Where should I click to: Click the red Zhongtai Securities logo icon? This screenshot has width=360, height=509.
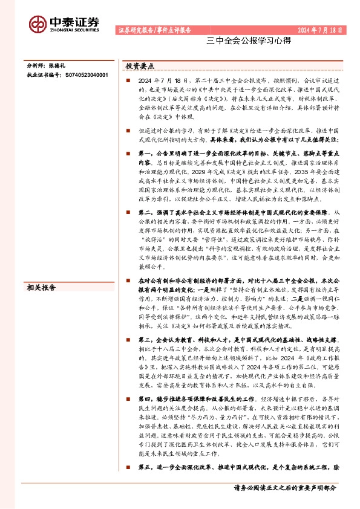tap(38, 23)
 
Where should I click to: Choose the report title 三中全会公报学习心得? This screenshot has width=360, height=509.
tap(240, 42)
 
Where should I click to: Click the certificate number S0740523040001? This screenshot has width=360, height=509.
tap(86, 74)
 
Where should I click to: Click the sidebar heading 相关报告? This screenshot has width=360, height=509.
tap(41, 287)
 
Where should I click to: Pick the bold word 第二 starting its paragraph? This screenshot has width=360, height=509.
tap(145, 213)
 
